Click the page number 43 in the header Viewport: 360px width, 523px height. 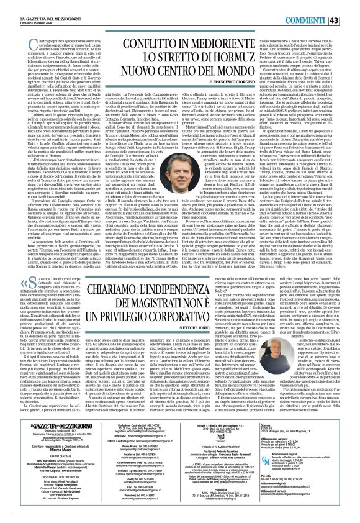[351, 6]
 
